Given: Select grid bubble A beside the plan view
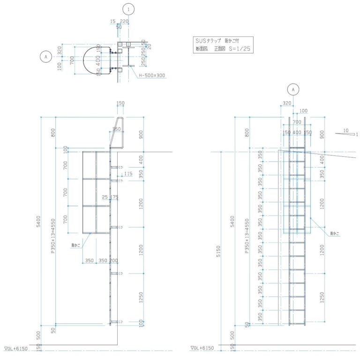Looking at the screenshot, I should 46,57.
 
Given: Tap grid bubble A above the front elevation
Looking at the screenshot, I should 293,88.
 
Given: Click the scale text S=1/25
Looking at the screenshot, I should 240,48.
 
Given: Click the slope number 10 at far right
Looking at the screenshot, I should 345,130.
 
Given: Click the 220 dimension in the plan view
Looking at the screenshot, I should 124,22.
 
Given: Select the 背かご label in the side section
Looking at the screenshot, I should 75,245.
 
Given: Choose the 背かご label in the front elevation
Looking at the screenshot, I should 334,233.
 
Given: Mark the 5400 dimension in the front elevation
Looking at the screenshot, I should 231,220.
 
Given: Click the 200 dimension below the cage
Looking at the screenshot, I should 114,260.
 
